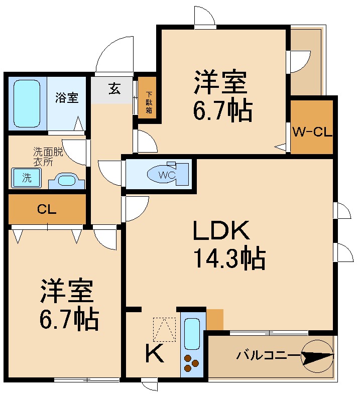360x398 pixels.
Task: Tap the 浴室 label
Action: (x=67, y=97)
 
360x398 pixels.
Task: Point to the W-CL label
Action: (x=312, y=132)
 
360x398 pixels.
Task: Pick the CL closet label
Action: (x=46, y=210)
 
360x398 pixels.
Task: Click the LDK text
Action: (x=221, y=231)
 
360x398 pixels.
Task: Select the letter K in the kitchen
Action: (x=154, y=355)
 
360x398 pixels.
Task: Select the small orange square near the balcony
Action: (x=214, y=319)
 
